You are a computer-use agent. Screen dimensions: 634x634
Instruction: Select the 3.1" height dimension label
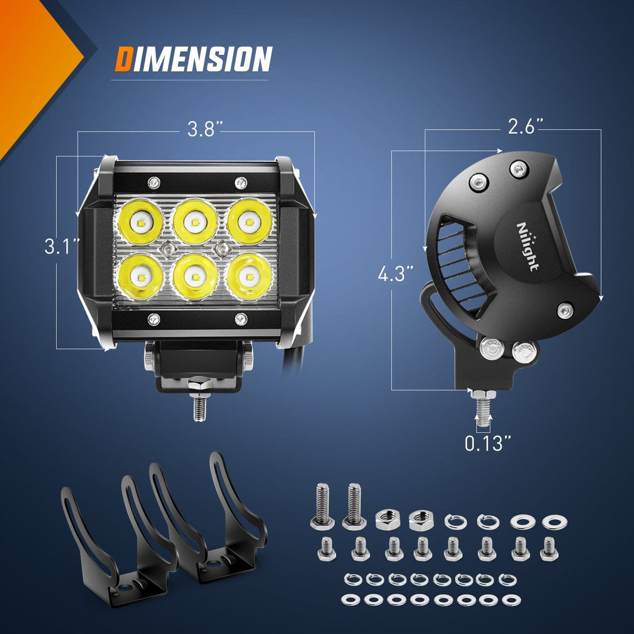point(62,246)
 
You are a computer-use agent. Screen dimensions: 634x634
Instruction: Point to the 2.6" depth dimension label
point(525,126)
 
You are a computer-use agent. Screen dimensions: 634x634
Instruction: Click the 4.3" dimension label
point(395,274)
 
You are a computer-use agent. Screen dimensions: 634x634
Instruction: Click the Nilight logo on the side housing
point(527,246)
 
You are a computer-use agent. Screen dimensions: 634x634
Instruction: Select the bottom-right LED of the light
point(249,276)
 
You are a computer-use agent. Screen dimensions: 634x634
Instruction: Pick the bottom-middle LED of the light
point(195,276)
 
